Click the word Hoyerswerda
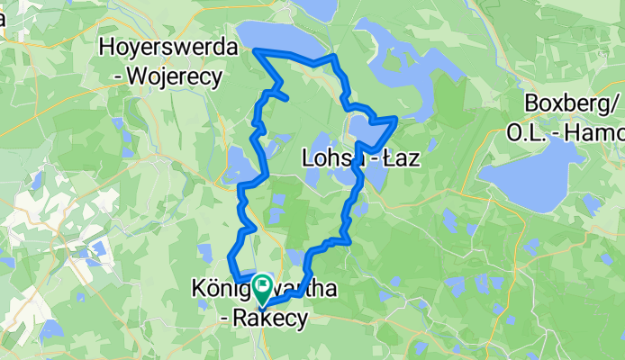[x=170, y=46]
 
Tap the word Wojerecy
[x=181, y=77]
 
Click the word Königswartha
[x=252, y=289]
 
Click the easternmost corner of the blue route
[x=395, y=118]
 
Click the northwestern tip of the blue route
[x=255, y=51]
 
